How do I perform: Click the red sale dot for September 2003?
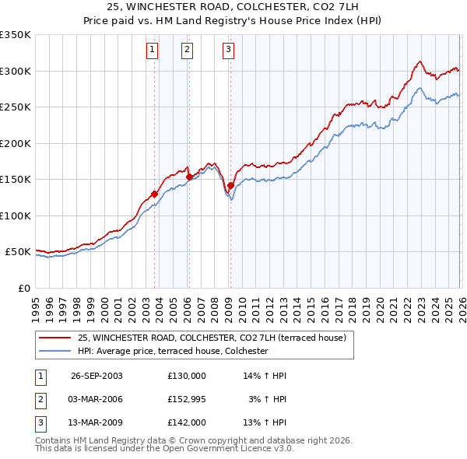click(155, 194)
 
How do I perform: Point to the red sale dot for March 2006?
click(189, 177)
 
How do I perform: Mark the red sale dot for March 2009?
click(230, 185)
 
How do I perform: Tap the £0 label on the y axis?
click(23, 288)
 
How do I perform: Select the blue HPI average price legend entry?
click(173, 352)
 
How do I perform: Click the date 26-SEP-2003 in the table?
click(97, 375)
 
